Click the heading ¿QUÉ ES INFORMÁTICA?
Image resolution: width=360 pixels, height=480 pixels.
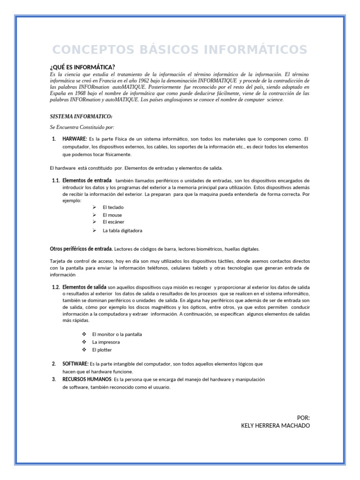(x=82, y=67)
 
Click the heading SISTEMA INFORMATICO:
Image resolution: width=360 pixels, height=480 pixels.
(x=81, y=116)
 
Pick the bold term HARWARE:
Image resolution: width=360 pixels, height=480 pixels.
(x=75, y=139)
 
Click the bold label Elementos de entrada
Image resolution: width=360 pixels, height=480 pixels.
(x=87, y=180)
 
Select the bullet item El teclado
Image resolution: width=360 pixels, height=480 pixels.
(x=113, y=207)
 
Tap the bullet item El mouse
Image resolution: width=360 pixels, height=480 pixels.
(x=112, y=215)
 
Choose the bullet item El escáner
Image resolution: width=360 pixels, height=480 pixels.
(x=113, y=222)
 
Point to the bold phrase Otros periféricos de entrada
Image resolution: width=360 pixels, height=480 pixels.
(x=81, y=249)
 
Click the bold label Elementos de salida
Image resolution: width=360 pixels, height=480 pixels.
(x=84, y=287)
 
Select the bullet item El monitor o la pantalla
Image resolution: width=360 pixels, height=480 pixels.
(x=117, y=334)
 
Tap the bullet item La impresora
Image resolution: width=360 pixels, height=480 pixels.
(x=106, y=342)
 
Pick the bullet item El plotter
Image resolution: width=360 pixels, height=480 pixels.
(x=102, y=350)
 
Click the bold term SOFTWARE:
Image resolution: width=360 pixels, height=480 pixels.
(x=75, y=364)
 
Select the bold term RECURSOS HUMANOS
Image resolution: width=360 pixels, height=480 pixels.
(x=87, y=379)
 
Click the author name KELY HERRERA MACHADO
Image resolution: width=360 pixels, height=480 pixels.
(x=275, y=425)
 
